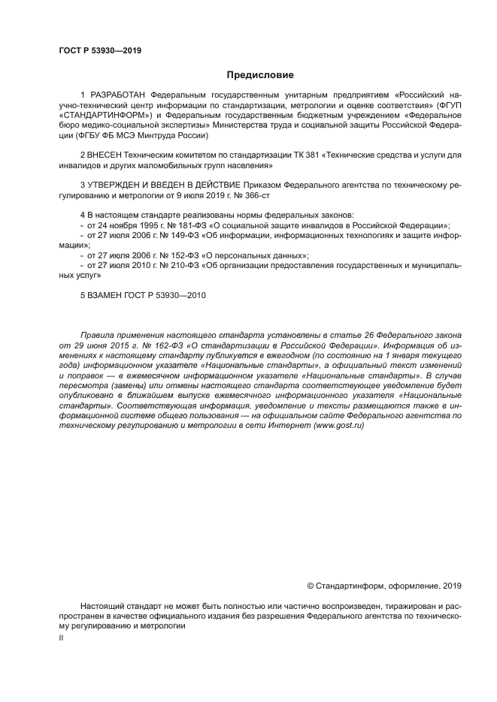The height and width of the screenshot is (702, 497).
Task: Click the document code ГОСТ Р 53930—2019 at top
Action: point(100,51)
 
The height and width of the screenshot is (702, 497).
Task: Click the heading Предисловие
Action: point(261,75)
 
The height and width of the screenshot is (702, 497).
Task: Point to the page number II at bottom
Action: point(61,637)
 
